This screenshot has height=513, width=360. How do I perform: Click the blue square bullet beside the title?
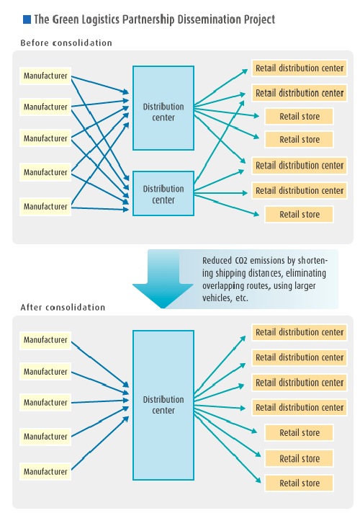[27, 19]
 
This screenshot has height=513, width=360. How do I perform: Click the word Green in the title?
[65, 19]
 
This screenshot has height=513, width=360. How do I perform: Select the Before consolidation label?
[66, 43]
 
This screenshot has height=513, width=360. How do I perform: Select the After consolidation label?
[63, 307]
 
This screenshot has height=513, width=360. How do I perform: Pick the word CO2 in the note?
[241, 260]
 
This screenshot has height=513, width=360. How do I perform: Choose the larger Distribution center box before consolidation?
[163, 108]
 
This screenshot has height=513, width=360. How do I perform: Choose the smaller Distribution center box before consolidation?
[163, 193]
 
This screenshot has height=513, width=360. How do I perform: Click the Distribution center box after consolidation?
[163, 405]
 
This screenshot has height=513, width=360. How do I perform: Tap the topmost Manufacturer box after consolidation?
[45, 340]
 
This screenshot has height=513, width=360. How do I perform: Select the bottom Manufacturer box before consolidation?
[45, 207]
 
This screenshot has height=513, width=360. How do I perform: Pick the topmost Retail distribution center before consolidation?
[300, 68]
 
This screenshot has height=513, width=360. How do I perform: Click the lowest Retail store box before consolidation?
[300, 214]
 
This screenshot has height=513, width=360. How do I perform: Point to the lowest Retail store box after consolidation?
[300, 483]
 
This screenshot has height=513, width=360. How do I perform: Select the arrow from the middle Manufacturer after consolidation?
[100, 401]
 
